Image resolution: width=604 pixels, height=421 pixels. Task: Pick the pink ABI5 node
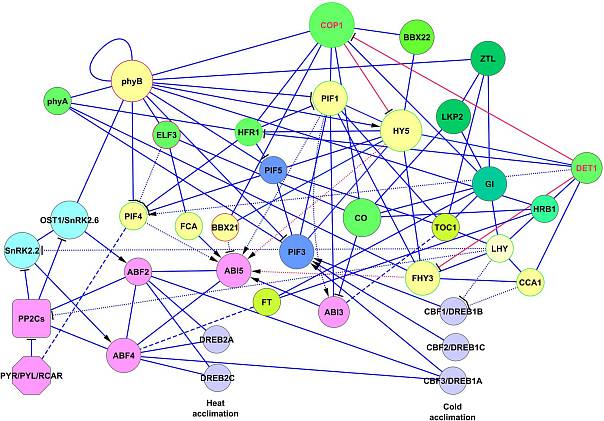pos(233,270)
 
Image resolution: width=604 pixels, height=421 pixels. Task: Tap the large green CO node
pos(363,218)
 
